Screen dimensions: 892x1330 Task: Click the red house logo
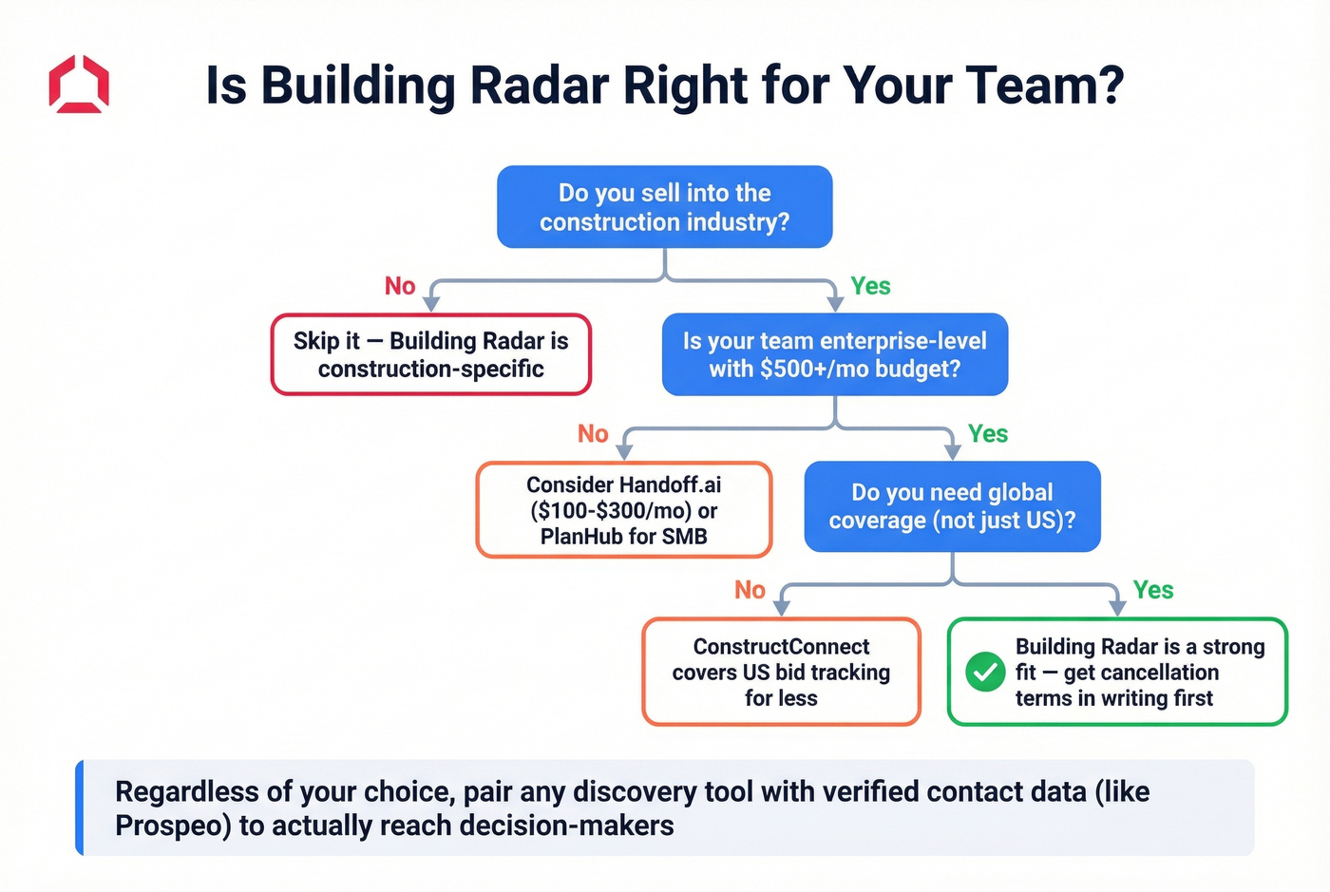click(x=79, y=85)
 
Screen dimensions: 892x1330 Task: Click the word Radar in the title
click(x=539, y=85)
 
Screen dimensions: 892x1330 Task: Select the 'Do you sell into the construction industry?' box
click(x=664, y=207)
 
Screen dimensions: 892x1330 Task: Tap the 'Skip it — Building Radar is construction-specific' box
click(x=430, y=354)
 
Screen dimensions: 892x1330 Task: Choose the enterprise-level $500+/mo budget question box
click(x=834, y=354)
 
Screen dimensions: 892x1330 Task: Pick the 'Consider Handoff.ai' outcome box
click(x=623, y=510)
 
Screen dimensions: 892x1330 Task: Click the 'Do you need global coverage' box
click(x=952, y=506)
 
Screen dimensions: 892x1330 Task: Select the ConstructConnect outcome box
click(x=781, y=673)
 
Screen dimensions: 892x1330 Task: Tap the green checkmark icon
click(x=985, y=673)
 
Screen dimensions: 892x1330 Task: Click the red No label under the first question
click(x=400, y=286)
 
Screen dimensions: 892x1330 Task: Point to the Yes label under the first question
click(x=870, y=286)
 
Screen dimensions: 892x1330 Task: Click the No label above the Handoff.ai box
click(x=593, y=434)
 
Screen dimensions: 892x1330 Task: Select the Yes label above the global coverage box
click(x=987, y=434)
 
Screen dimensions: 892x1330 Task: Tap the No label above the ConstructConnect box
click(x=750, y=590)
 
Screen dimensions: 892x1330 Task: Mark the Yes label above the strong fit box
click(x=1152, y=590)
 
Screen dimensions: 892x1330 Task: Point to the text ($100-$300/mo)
click(x=611, y=511)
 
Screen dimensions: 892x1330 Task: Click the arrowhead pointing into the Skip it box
click(x=431, y=304)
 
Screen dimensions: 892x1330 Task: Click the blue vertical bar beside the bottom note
click(x=80, y=807)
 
